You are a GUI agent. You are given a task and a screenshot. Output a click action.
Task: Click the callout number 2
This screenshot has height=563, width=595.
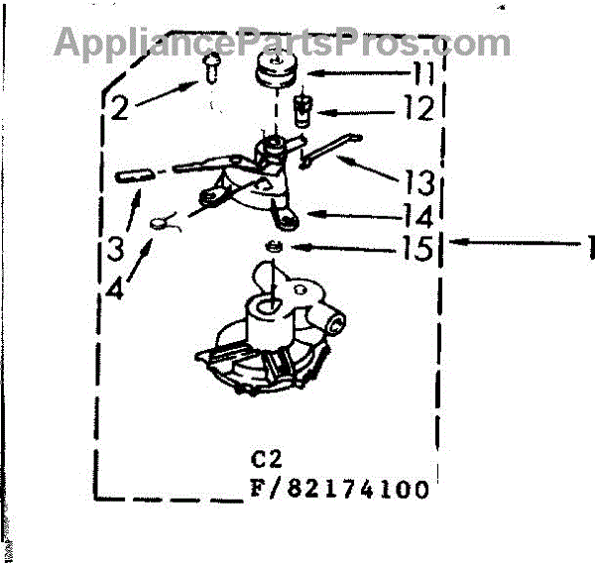click(120, 107)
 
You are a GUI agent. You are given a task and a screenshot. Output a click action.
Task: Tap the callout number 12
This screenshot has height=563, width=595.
click(418, 107)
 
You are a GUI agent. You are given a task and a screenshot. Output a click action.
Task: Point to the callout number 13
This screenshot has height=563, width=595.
click(418, 182)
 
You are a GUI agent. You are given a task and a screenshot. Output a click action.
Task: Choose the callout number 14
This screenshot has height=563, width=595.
click(417, 216)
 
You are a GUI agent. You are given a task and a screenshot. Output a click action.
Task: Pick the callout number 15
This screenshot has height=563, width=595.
click(417, 248)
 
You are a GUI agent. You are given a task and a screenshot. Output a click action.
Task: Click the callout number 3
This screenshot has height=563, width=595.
click(115, 248)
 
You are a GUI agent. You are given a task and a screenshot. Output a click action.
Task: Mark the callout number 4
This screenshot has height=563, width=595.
click(115, 286)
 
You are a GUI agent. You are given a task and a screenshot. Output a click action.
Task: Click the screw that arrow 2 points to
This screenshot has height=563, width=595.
click(211, 67)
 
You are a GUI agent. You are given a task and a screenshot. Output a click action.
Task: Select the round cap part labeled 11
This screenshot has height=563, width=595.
click(277, 70)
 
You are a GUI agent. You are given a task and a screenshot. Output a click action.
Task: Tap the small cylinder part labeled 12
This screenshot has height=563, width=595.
click(302, 110)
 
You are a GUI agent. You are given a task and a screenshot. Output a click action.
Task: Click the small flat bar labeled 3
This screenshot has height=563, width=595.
click(135, 175)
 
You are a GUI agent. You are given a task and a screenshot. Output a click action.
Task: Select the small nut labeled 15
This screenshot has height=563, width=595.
click(274, 247)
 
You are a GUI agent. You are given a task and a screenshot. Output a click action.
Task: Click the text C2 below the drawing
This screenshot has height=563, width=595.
click(267, 459)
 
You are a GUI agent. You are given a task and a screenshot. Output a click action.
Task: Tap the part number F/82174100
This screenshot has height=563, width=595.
click(339, 489)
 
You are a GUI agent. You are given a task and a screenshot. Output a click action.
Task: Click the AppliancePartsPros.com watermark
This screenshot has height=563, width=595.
click(283, 43)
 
